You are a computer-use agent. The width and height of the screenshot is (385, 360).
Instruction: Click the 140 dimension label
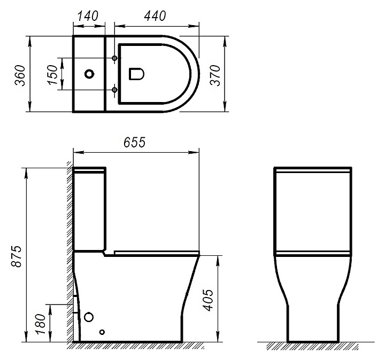click(x=88, y=16)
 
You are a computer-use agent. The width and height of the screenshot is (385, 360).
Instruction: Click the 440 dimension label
click(x=155, y=16)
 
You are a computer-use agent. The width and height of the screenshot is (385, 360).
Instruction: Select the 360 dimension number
click(x=20, y=75)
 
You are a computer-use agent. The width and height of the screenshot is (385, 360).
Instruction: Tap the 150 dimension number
click(x=52, y=75)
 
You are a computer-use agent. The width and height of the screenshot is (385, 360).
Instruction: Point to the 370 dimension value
click(x=215, y=75)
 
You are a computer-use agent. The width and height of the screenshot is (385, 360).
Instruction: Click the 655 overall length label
click(x=134, y=142)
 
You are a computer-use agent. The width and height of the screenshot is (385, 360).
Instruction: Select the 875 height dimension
click(x=17, y=256)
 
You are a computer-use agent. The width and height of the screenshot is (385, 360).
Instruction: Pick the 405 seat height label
click(x=209, y=300)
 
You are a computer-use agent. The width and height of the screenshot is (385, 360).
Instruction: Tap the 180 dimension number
click(x=41, y=324)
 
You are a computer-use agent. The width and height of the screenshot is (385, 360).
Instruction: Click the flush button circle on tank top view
click(x=89, y=74)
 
